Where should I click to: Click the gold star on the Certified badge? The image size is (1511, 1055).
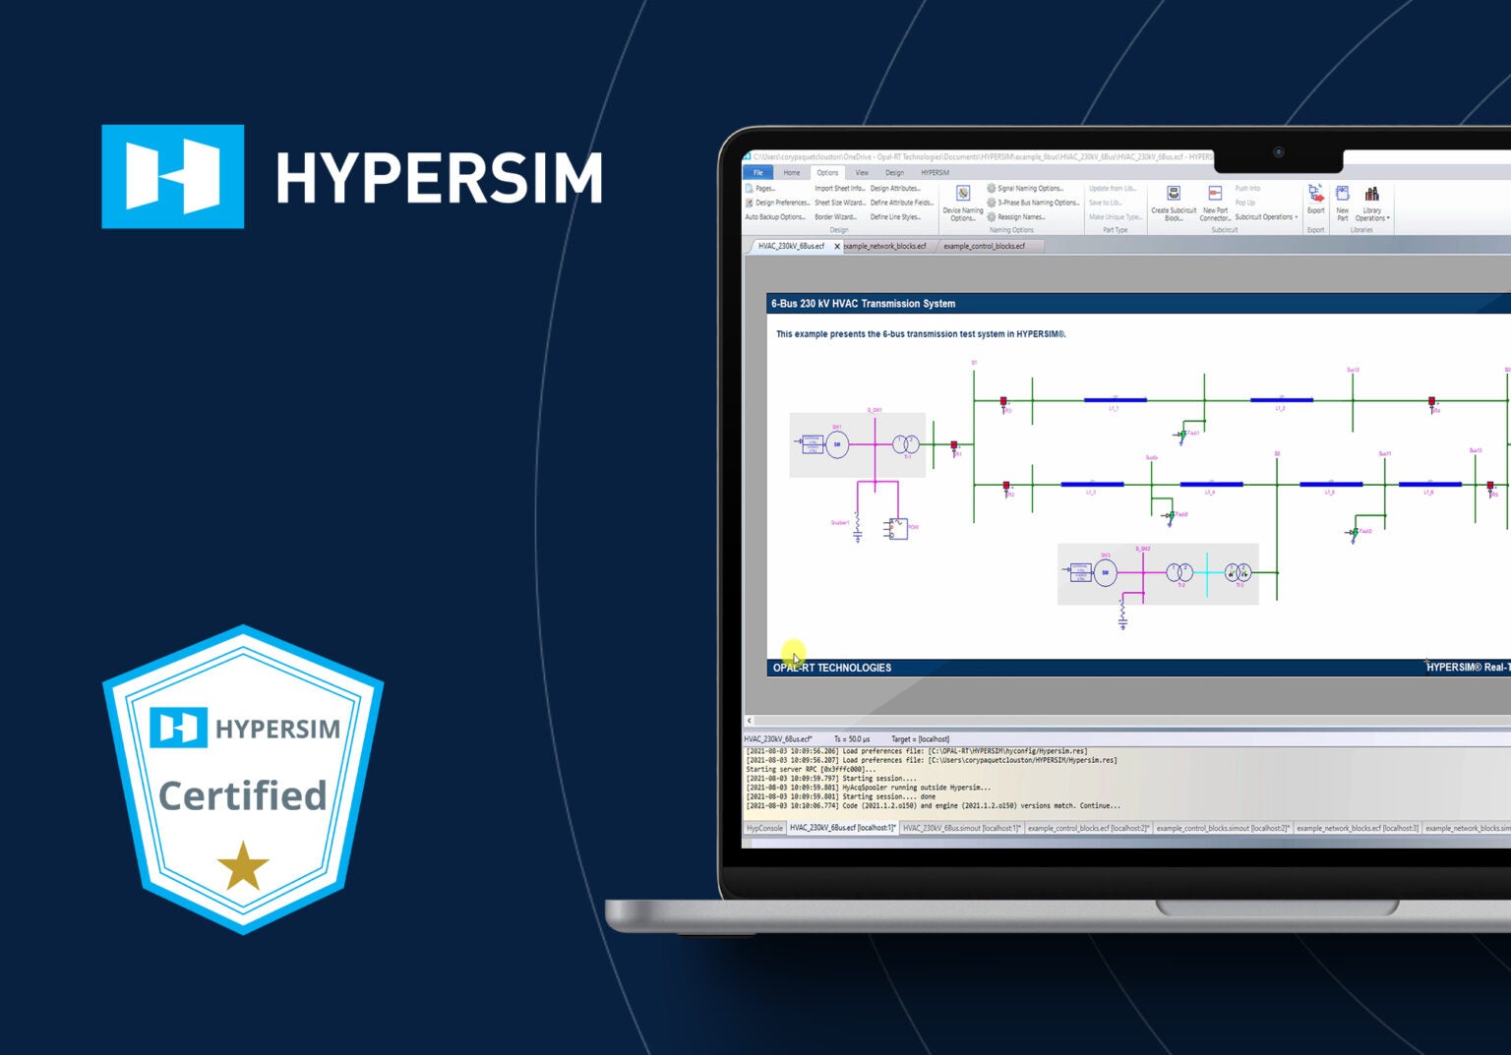[243, 865]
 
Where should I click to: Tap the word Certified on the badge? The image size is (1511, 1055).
[242, 795]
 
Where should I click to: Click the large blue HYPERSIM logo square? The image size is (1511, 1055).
[173, 176]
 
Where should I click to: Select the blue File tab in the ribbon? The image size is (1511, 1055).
[757, 173]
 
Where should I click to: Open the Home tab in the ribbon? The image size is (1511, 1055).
[792, 173]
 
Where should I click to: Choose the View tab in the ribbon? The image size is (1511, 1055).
[862, 173]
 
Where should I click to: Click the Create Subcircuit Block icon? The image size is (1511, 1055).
[1174, 195]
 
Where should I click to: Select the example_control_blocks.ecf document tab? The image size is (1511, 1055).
[984, 246]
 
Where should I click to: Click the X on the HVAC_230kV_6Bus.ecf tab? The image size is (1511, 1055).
[837, 247]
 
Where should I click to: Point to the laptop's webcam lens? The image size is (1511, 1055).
[1278, 152]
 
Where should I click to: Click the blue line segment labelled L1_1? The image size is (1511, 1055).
[1115, 400]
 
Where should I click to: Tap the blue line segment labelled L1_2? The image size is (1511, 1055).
[1281, 400]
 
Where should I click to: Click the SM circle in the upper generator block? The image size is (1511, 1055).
[837, 444]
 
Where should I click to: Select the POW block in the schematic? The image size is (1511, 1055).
[898, 529]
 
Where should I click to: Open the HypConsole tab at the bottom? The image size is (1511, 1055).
[764, 828]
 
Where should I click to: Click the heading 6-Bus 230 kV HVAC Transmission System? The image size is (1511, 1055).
[863, 304]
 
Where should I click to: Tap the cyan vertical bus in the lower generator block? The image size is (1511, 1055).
[1207, 572]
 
